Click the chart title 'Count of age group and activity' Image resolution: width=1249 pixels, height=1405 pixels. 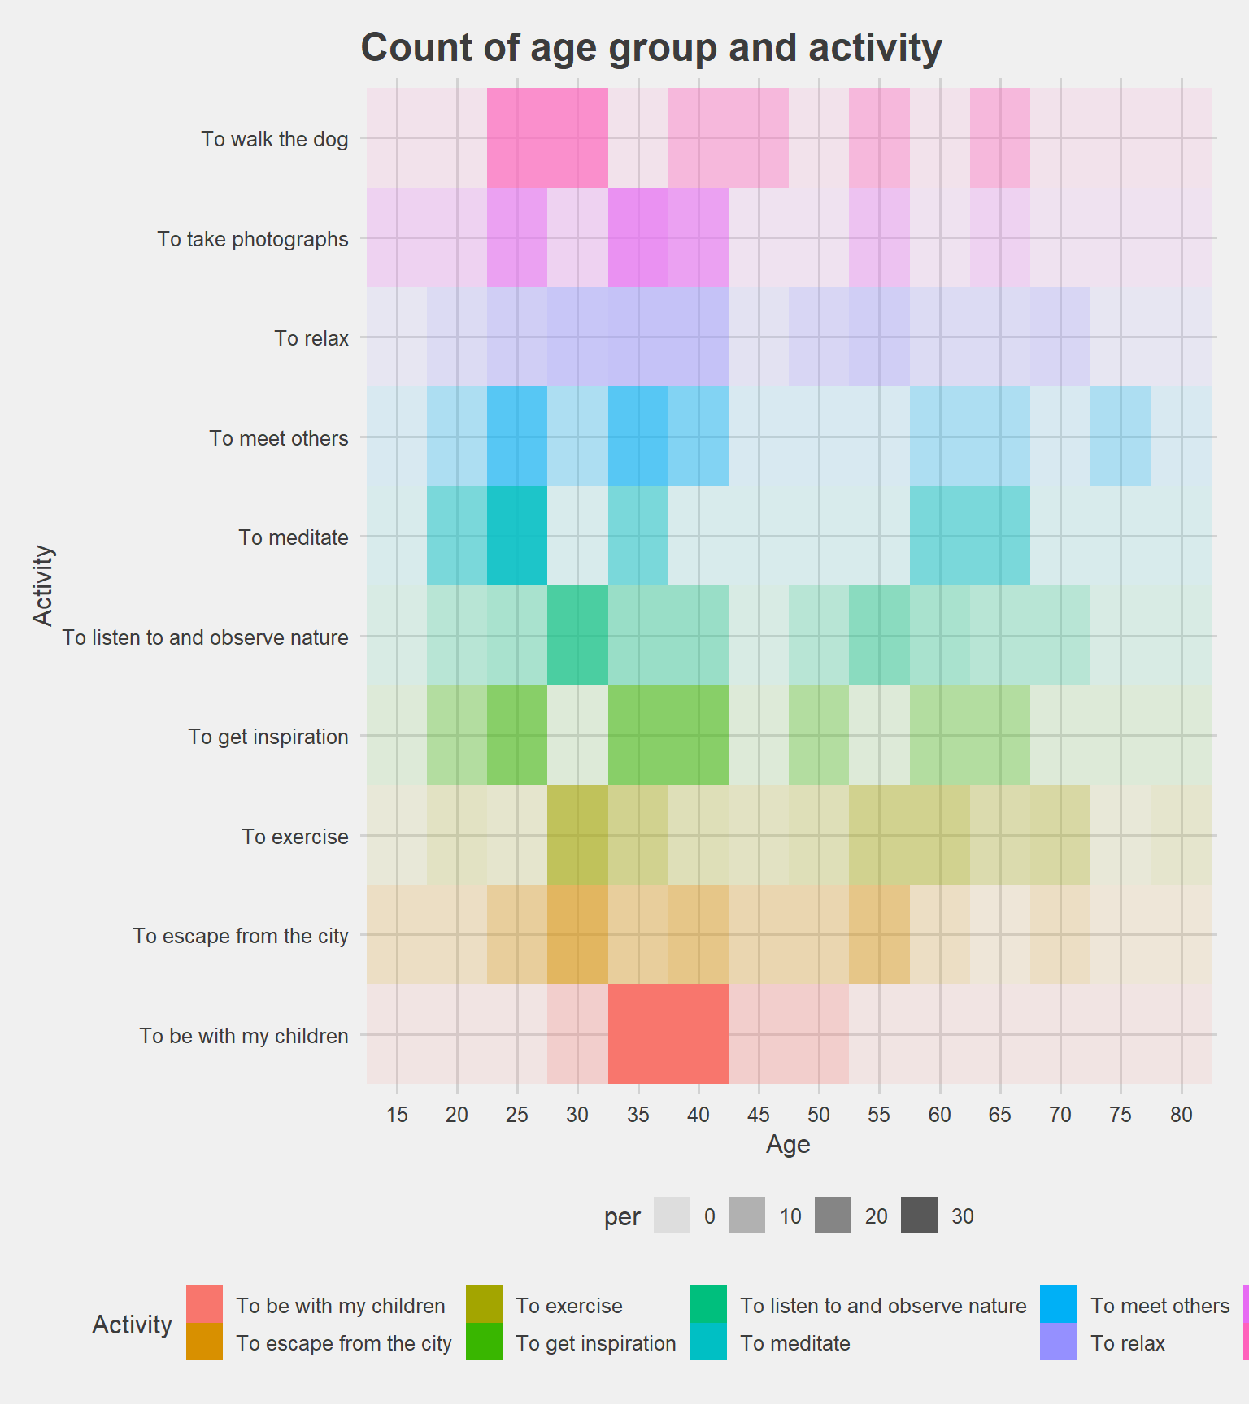point(651,48)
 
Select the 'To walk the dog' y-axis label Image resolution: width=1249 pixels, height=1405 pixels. point(275,139)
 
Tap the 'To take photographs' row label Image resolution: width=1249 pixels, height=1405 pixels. point(253,239)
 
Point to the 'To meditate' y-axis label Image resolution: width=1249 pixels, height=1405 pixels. point(294,537)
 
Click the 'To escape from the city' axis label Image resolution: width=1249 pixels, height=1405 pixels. point(241,936)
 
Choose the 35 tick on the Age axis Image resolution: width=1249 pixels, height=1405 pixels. point(638,1115)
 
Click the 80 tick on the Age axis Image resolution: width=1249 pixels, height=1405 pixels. point(1182,1115)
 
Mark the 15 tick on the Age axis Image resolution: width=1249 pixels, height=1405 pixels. point(397,1115)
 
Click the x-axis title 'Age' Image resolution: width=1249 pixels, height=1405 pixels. point(788,1145)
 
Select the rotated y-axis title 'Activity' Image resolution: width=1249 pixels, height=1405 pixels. point(43,585)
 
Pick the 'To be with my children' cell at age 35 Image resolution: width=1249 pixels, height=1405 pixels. point(638,1034)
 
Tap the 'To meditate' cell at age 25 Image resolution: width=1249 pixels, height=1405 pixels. point(517,537)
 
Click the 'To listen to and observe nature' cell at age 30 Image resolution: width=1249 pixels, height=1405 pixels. point(577,636)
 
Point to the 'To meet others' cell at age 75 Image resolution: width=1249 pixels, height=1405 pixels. point(1121,437)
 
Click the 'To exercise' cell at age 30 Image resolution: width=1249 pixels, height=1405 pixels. point(577,835)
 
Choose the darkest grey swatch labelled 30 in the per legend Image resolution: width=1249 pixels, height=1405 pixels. point(919,1216)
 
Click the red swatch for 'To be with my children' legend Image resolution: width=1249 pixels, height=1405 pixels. point(204,1304)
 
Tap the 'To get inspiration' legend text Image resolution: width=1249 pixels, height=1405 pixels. point(596,1343)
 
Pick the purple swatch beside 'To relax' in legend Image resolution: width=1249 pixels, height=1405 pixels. point(1058,1342)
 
